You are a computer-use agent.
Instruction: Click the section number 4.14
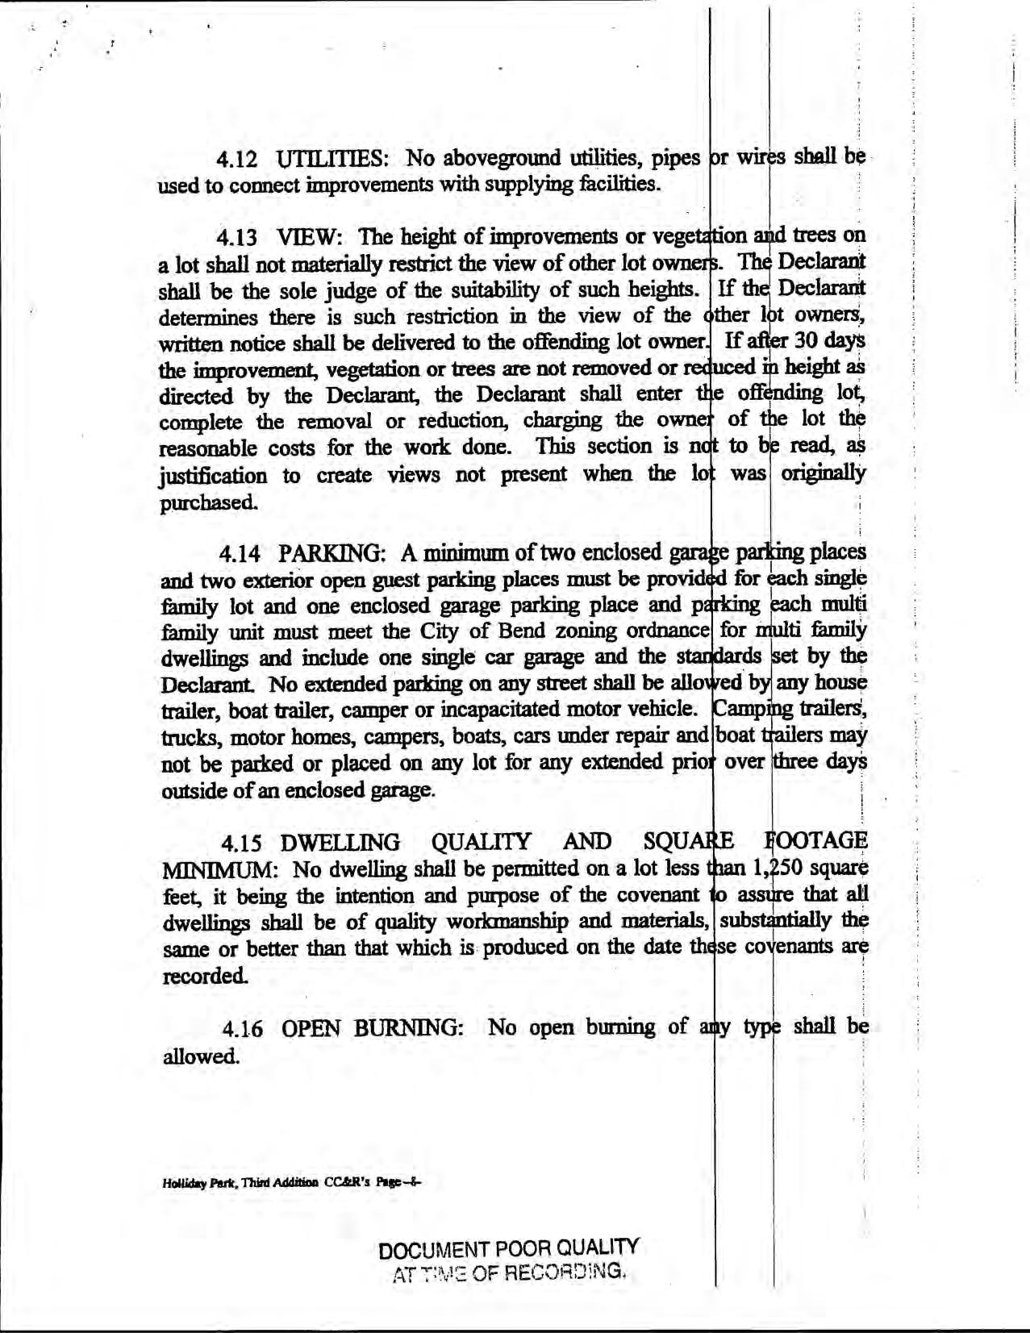click(x=239, y=555)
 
